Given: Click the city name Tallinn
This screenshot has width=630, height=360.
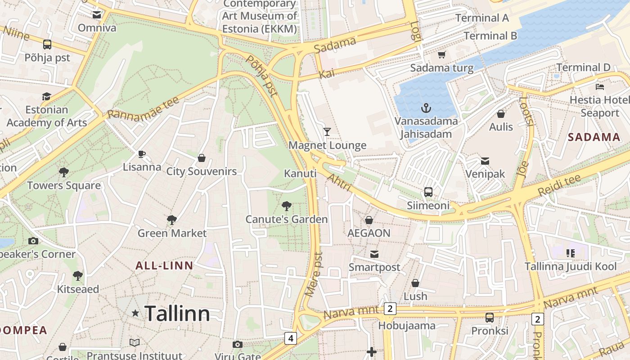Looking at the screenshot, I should click(x=177, y=313).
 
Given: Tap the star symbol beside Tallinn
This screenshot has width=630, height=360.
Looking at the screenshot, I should click(x=135, y=313).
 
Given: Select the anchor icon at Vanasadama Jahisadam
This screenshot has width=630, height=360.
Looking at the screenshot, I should click(x=426, y=108).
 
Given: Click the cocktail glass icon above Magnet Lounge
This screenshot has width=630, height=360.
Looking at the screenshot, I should click(x=327, y=132).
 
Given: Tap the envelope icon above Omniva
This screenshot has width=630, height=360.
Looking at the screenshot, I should click(x=97, y=15).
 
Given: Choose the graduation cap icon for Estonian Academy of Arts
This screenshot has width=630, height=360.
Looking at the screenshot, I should click(x=46, y=96).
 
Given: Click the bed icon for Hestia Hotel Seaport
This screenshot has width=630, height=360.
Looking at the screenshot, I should click(x=599, y=86).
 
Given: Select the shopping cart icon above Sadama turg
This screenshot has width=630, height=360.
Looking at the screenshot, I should click(x=441, y=55).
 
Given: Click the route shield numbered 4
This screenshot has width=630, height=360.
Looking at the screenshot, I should click(x=291, y=338).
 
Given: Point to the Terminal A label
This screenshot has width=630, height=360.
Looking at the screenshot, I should click(x=482, y=18).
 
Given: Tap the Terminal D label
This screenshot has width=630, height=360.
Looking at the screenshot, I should click(x=583, y=67).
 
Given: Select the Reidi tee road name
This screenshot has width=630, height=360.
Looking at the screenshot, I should click(x=559, y=185).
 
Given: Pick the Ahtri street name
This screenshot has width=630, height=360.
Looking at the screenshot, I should click(x=339, y=182).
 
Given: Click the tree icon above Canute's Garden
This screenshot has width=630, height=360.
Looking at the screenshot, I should click(x=286, y=207).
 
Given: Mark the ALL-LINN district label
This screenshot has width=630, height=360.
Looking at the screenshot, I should click(x=164, y=265).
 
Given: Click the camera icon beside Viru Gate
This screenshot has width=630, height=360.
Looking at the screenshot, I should click(x=238, y=345).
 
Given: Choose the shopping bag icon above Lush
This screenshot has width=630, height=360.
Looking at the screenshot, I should click(x=415, y=283).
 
